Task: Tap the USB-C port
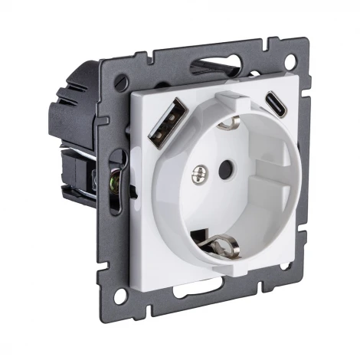(274, 103)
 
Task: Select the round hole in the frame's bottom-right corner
(283, 266)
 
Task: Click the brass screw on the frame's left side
(116, 182)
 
